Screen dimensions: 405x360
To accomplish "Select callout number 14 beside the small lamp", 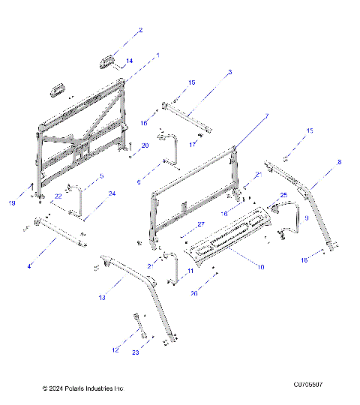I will click(129, 61).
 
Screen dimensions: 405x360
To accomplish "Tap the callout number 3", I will click(229, 72).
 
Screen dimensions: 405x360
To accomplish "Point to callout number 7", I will click(265, 117).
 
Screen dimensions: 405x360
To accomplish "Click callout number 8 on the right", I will click(339, 162).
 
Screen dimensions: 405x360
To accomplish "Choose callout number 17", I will click(192, 144).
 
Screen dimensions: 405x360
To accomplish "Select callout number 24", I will click(112, 193).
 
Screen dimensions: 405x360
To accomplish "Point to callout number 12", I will click(114, 350).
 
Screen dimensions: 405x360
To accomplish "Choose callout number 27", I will click(200, 224).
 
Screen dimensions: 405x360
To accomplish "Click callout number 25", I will click(283, 195).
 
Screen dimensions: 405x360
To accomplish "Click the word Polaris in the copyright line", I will click(76, 388).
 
